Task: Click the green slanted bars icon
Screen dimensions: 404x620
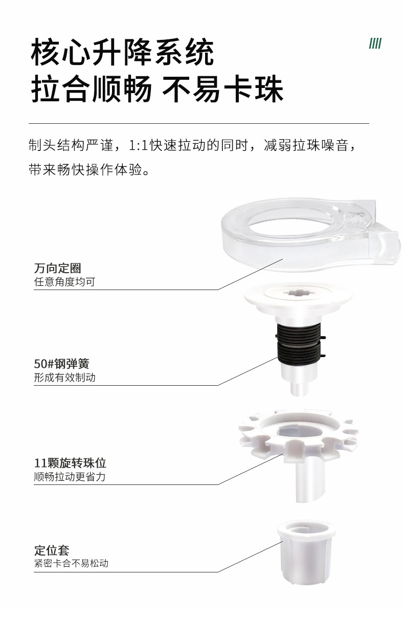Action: [x=375, y=43]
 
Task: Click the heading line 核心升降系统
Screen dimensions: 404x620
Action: [x=122, y=52]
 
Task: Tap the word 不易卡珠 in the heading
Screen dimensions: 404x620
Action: [x=222, y=89]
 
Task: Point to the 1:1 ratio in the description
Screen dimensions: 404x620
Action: [x=139, y=145]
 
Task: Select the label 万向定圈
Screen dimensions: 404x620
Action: [x=58, y=268]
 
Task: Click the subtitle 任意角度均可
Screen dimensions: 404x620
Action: [x=64, y=282]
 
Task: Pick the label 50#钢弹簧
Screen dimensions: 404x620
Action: [x=61, y=364]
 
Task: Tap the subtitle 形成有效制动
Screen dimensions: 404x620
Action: [x=64, y=377]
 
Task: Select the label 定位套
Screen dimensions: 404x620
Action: [x=52, y=550]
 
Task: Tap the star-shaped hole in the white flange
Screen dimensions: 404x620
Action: [x=298, y=292]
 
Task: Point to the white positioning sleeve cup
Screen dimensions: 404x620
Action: [x=306, y=552]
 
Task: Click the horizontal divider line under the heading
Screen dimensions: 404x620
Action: [x=199, y=123]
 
